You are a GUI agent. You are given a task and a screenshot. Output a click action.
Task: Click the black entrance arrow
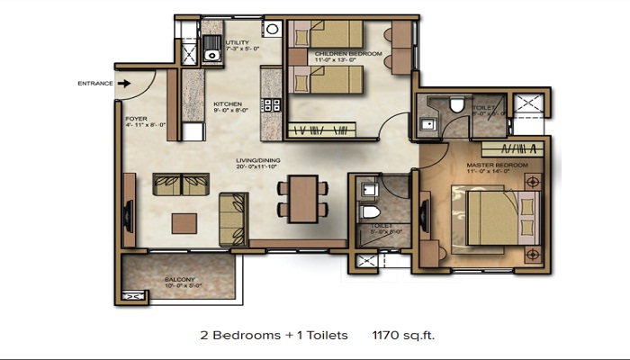[125, 84]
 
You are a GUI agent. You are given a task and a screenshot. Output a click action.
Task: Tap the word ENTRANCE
[94, 84]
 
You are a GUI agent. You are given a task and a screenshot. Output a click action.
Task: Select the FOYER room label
[135, 117]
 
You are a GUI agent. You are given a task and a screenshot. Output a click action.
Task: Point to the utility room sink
[212, 50]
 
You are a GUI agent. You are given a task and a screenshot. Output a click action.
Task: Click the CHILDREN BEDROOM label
[348, 54]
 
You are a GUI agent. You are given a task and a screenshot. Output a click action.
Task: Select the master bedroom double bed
[493, 214]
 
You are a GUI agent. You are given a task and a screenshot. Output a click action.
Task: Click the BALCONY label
[179, 280]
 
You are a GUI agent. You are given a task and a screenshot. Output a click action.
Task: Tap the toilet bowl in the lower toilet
[367, 213]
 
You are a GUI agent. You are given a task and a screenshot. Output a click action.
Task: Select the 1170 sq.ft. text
[404, 335]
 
